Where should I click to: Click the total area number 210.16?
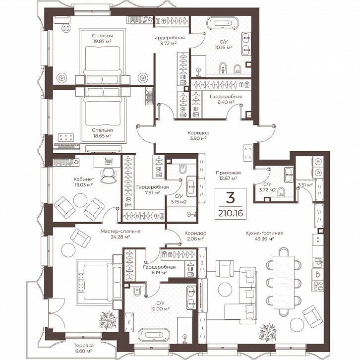pos(230,214)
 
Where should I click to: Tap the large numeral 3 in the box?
pos(230,197)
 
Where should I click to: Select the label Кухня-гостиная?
pos(264,233)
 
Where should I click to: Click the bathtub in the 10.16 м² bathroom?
pos(222,23)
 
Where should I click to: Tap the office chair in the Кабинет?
pos(108,175)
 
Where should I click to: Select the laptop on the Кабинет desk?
pos(108,161)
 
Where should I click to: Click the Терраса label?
pos(84,345)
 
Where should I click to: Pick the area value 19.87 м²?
pos(102,41)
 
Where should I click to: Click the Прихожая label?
pos(228,173)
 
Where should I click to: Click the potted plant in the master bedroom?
pos(108,319)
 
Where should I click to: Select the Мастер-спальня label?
pos(120,231)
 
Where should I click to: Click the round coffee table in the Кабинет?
pos(80,200)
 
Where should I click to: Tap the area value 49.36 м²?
pos(264,239)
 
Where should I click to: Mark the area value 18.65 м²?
pos(102,136)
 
